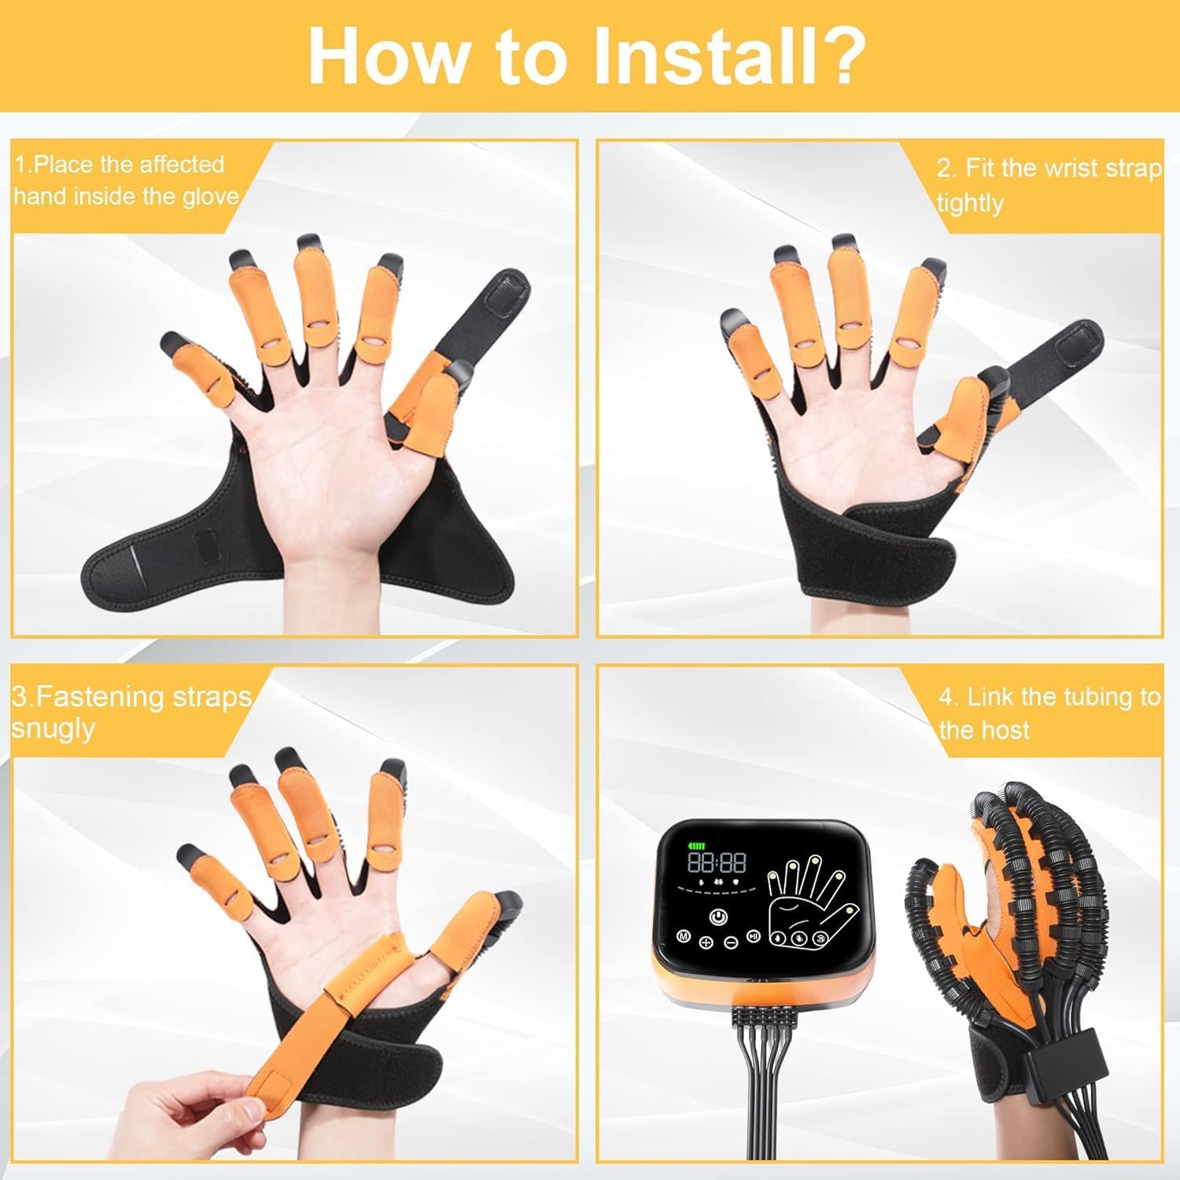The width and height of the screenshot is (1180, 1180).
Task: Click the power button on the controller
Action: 717,916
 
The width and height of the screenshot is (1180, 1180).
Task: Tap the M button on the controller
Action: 684,938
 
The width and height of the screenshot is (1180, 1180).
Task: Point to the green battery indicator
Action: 697,846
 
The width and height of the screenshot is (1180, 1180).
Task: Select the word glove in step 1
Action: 210,196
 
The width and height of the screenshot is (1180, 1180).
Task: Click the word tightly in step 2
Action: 970,203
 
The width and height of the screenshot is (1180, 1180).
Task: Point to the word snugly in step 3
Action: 53,728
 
